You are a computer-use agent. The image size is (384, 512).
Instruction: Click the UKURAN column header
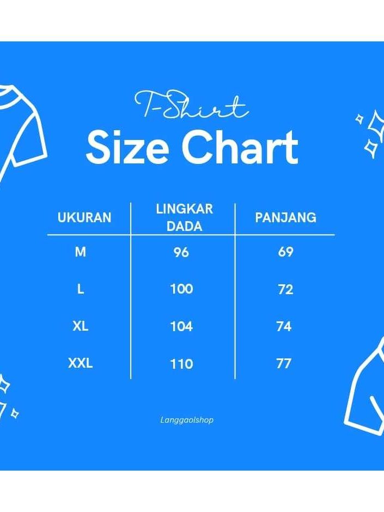(x=84, y=217)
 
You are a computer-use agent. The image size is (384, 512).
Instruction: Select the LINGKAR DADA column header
(x=185, y=217)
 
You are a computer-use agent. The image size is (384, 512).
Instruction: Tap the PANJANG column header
(x=285, y=217)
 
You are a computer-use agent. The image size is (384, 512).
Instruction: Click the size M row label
(x=80, y=252)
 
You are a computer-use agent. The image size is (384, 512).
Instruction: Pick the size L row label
(x=80, y=289)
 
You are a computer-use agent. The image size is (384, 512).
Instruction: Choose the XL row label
(x=80, y=326)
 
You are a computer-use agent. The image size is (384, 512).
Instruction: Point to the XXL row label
(x=80, y=363)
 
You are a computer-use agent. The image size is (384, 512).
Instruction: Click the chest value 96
(x=181, y=252)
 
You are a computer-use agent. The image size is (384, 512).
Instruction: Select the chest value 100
(x=181, y=289)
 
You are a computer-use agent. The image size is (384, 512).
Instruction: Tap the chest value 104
(x=181, y=326)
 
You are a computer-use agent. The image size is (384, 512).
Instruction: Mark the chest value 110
(x=181, y=364)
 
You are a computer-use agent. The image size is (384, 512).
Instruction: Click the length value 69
(x=285, y=252)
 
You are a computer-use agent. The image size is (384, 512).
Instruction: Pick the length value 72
(x=285, y=289)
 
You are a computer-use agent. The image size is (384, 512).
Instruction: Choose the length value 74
(x=284, y=326)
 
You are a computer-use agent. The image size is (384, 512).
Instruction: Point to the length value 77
(x=284, y=363)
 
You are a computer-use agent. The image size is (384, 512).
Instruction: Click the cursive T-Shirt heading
(x=191, y=105)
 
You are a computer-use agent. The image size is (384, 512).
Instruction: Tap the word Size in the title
(x=127, y=147)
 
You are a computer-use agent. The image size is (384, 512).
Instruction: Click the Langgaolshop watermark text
(x=187, y=420)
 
